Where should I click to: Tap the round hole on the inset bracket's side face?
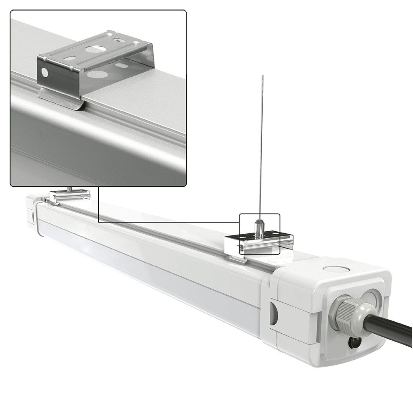pos(45,73)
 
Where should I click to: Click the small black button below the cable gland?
pos(354,342)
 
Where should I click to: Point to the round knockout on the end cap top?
pos(335,269)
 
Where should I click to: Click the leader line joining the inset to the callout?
pos(99,206)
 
